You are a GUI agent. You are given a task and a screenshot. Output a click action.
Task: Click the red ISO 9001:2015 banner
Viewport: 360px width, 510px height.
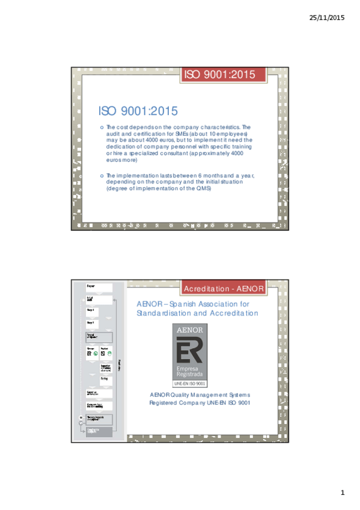point(224,75)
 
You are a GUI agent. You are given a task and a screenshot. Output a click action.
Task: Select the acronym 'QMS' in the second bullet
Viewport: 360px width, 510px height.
point(204,188)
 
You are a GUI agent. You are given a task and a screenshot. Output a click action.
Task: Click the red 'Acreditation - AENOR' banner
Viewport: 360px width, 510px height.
point(224,289)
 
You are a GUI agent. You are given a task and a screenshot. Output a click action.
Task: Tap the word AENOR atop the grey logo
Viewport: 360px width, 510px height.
point(190,331)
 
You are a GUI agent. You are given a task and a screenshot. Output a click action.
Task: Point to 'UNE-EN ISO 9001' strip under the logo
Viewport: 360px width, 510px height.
point(190,382)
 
